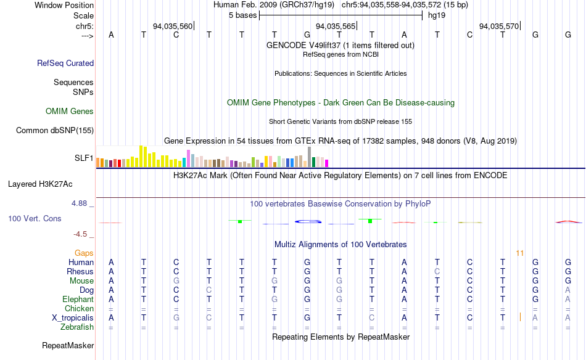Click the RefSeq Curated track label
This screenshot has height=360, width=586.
65,63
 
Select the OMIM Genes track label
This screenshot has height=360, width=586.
70,112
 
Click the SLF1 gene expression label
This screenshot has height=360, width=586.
84,158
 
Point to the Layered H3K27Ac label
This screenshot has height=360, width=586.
40,184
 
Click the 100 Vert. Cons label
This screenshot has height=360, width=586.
35,218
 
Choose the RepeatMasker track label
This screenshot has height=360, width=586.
68,346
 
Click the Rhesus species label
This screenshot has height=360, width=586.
81,271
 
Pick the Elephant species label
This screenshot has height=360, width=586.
78,299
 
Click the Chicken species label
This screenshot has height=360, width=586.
80,308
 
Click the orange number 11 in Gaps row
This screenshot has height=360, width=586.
520,253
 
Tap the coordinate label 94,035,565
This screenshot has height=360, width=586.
336,26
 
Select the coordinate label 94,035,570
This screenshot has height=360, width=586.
499,26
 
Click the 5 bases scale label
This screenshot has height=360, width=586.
240,15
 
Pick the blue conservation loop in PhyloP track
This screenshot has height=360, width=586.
308,221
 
